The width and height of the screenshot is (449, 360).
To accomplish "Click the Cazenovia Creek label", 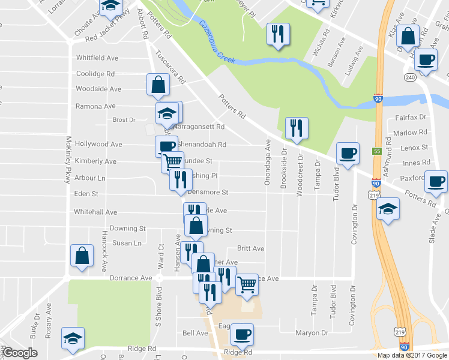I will click(x=217, y=43).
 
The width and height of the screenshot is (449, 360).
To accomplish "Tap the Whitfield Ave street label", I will click(x=97, y=58).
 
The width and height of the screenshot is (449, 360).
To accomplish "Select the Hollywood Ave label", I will click(x=98, y=145).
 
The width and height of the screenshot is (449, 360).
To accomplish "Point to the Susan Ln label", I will click(x=127, y=243).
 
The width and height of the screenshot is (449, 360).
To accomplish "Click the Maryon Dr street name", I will click(x=312, y=333).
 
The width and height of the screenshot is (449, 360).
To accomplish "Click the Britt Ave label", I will click(x=250, y=248).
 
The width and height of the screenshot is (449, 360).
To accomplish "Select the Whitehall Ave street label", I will click(x=95, y=212).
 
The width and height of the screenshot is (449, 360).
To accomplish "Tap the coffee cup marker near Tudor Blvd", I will click(x=348, y=154).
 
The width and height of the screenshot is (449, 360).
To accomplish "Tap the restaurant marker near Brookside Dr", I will click(x=297, y=128).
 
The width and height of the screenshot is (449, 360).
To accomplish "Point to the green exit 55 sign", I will click(x=377, y=151).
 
